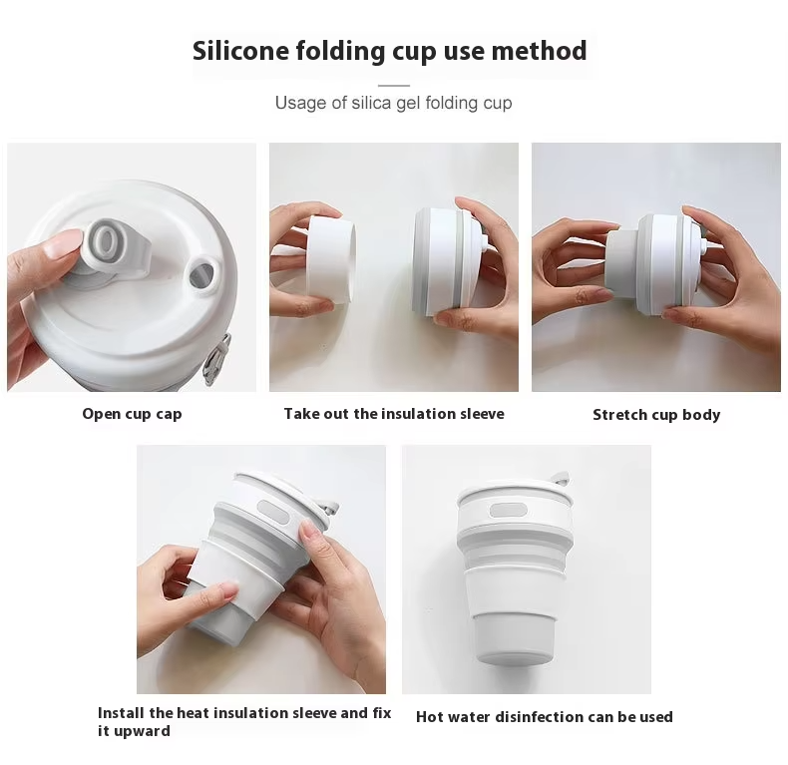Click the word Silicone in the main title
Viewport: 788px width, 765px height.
(x=240, y=51)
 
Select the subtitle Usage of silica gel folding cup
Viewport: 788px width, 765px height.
(x=393, y=103)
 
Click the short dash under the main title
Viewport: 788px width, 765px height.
(x=393, y=86)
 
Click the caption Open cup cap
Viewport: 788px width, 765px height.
(x=133, y=414)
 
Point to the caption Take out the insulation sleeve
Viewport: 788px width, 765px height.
(x=394, y=414)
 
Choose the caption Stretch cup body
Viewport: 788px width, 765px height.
(x=656, y=415)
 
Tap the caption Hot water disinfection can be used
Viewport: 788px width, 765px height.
(x=545, y=717)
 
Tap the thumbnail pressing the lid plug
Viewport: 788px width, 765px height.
(x=64, y=242)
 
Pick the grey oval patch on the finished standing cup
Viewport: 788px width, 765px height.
(x=508, y=512)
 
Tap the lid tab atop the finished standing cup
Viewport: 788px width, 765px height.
(x=560, y=479)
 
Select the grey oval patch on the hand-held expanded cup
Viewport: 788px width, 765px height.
(x=274, y=514)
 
